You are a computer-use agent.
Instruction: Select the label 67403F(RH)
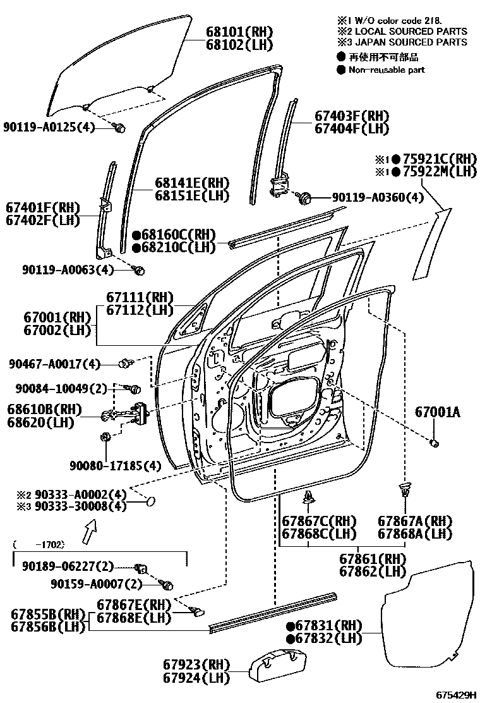tap(351, 116)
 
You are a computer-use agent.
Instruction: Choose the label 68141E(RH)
tap(192, 183)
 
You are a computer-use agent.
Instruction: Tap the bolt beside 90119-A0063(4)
tap(140, 270)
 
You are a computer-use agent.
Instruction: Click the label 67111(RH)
tap(140, 296)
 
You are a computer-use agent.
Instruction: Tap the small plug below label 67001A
tap(435, 442)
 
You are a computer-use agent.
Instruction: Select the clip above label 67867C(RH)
tap(309, 498)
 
